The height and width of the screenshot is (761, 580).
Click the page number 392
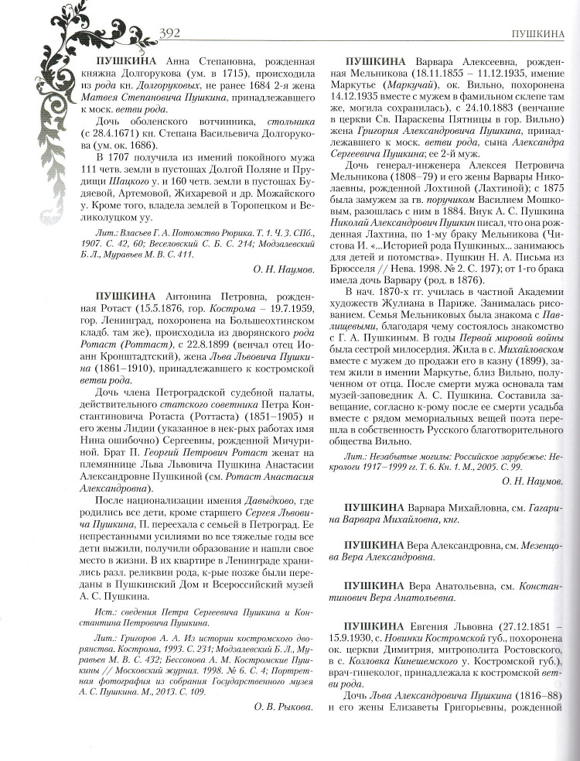[x=169, y=33]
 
